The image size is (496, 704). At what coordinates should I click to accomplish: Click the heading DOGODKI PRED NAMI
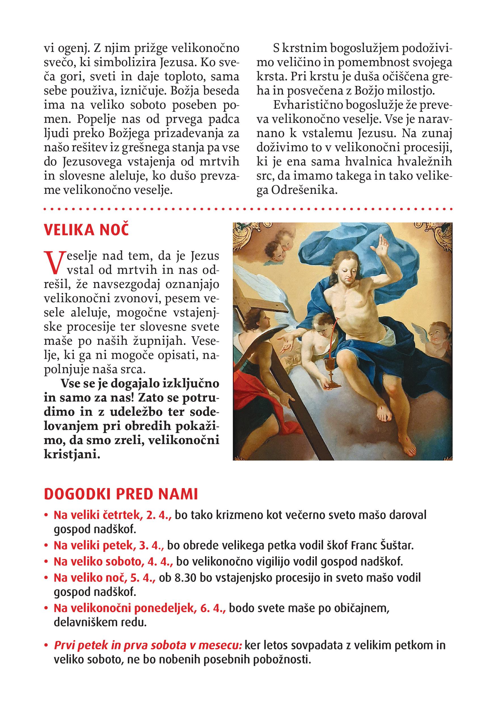pos(121,494)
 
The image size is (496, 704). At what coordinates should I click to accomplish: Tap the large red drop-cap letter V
pos(54,263)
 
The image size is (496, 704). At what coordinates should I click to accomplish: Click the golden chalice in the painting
pos(330,366)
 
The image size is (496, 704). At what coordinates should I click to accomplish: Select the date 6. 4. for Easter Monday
pos(213,608)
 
